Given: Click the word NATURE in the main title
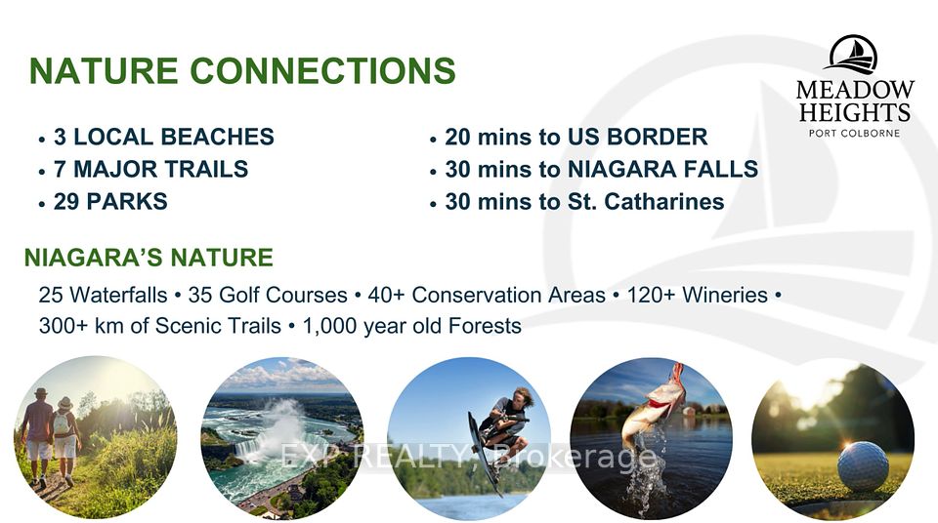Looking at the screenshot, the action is point(104,70).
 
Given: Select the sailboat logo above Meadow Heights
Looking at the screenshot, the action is point(853,55).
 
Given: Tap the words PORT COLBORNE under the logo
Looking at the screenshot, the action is point(854,134).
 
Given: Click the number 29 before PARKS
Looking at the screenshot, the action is point(66,201).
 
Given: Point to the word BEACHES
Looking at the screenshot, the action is point(217,137).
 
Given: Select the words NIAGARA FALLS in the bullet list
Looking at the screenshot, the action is point(662,169).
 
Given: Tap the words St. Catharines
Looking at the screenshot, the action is point(646,201).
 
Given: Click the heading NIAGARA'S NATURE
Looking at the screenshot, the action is point(149,258).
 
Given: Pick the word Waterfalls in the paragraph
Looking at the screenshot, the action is point(118,296).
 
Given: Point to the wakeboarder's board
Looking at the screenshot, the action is point(484,455).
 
